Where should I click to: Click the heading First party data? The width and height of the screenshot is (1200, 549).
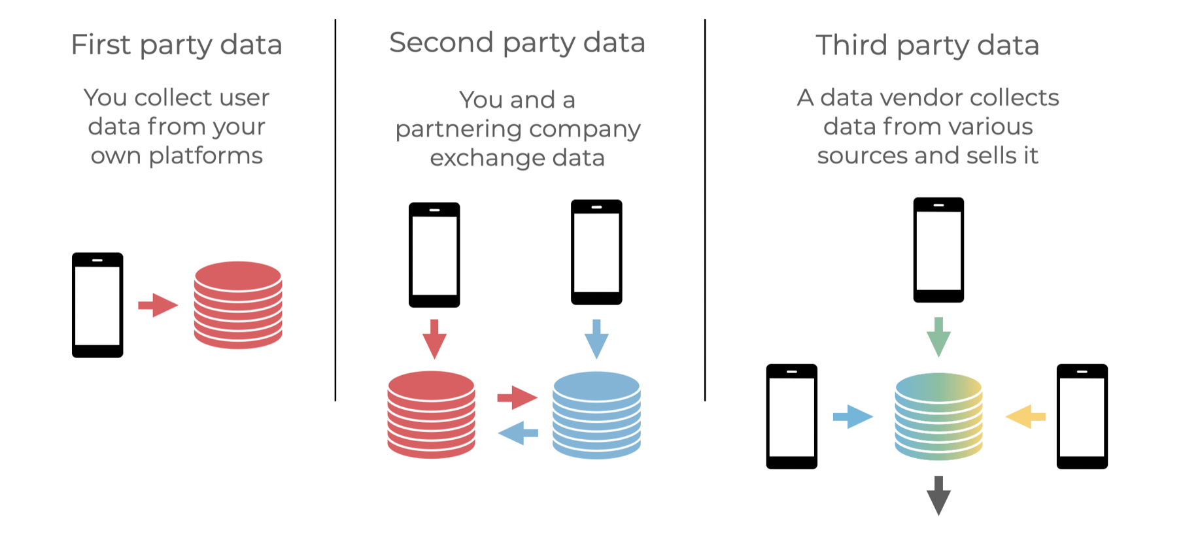[x=177, y=45]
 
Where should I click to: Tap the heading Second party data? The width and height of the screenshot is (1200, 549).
[x=517, y=43]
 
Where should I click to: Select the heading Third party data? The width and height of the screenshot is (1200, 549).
[x=927, y=46]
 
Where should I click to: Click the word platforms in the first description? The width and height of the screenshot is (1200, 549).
[x=205, y=156]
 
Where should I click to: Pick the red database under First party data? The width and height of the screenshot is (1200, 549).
[x=238, y=305]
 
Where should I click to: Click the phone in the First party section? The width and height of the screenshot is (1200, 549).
[x=97, y=305]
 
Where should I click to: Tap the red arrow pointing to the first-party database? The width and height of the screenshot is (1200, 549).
[x=158, y=305]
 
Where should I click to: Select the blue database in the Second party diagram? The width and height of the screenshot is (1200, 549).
[x=596, y=414]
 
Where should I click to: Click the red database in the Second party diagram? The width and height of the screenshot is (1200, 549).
[x=431, y=414]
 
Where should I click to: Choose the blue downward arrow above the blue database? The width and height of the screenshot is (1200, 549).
[x=596, y=338]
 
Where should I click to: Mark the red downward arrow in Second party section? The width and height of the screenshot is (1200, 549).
[x=434, y=338]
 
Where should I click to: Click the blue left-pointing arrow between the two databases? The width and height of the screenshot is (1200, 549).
[x=518, y=433]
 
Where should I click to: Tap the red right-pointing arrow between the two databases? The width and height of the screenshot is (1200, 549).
[x=517, y=397]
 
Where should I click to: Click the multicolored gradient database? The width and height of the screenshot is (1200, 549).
[x=938, y=416]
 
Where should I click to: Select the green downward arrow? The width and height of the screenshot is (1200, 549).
[x=938, y=336]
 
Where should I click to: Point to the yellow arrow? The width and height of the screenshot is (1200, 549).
[x=1025, y=416]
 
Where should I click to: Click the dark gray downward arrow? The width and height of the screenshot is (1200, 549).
[x=938, y=495]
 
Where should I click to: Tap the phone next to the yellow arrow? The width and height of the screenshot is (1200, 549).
[x=1082, y=416]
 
